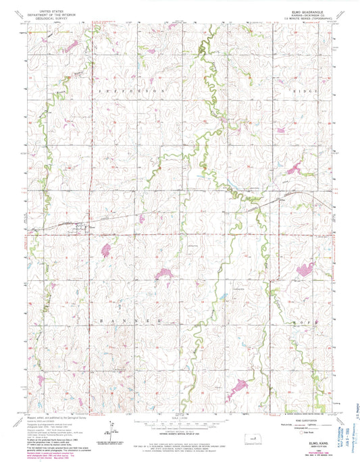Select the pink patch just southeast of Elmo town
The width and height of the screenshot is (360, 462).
pyautogui.click(x=106, y=249)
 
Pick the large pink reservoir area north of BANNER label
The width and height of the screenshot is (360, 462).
pyautogui.click(x=161, y=274)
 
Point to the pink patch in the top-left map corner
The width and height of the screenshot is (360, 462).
pyautogui.click(x=71, y=47)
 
